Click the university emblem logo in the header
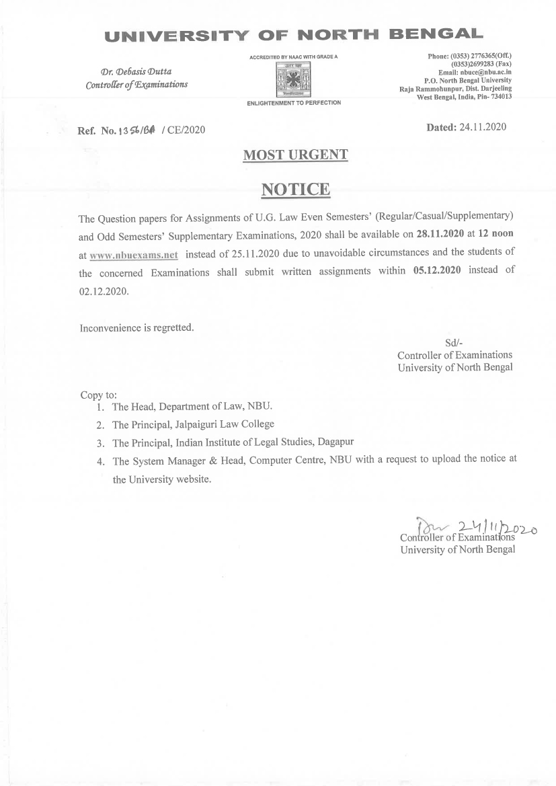click(294, 81)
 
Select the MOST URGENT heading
click(295, 155)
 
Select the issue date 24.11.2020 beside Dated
click(483, 126)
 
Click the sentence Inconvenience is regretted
click(136, 328)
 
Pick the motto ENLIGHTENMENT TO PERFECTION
click(294, 103)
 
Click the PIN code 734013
click(498, 97)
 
